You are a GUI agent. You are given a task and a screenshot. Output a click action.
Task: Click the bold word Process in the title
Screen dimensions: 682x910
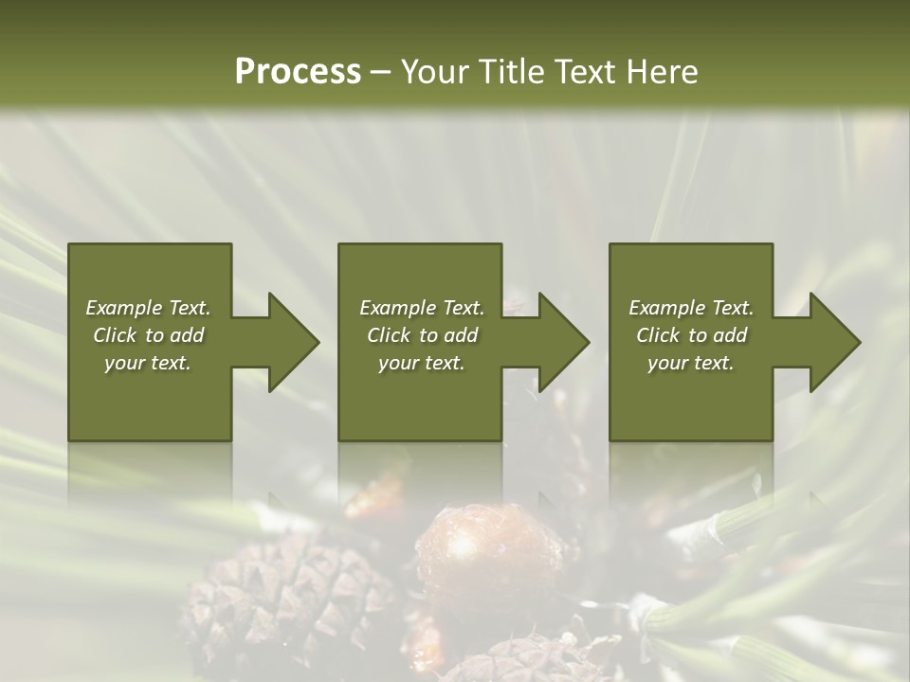[298, 72]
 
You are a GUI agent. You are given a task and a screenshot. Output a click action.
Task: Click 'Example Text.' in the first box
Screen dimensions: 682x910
[148, 308]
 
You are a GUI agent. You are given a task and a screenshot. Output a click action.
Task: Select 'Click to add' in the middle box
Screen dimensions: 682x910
[422, 335]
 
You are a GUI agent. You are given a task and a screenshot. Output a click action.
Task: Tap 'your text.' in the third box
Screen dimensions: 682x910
[691, 363]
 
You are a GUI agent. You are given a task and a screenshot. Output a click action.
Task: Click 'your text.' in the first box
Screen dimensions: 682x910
[148, 363]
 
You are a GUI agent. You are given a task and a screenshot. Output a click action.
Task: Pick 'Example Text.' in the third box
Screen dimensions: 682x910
[691, 308]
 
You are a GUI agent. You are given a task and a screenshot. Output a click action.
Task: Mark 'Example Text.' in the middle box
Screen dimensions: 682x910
[422, 308]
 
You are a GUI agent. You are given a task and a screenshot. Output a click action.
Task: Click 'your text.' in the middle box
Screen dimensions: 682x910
[422, 363]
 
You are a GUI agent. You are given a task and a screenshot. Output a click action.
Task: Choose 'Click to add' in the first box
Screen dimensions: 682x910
[148, 335]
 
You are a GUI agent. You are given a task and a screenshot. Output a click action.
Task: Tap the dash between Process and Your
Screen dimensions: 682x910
[381, 72]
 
